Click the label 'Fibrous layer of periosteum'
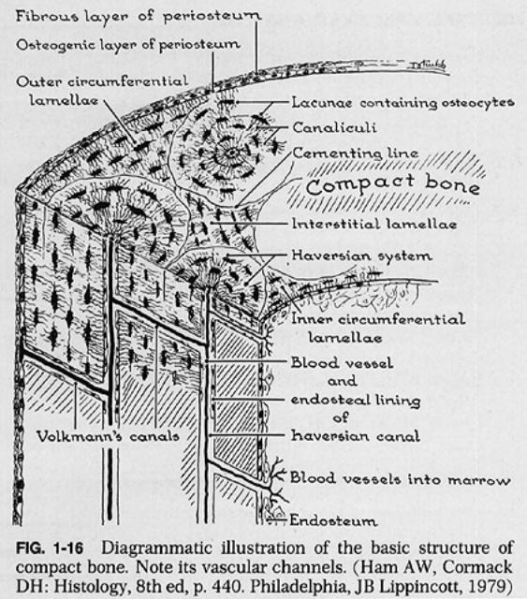[139, 17]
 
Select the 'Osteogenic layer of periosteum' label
[128, 45]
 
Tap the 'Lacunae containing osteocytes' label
[403, 103]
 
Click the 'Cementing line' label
[356, 153]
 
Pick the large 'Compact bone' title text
[392, 185]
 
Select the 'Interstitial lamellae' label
[374, 224]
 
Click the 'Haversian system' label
[362, 256]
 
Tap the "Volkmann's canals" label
[108, 436]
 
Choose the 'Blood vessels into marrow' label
[400, 479]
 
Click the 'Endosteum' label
[333, 520]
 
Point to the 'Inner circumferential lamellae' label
[378, 329]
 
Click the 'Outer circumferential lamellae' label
[102, 91]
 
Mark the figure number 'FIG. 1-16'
[50, 548]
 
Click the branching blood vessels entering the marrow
[278, 482]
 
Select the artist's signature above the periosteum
[428, 66]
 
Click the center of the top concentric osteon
[231, 153]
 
